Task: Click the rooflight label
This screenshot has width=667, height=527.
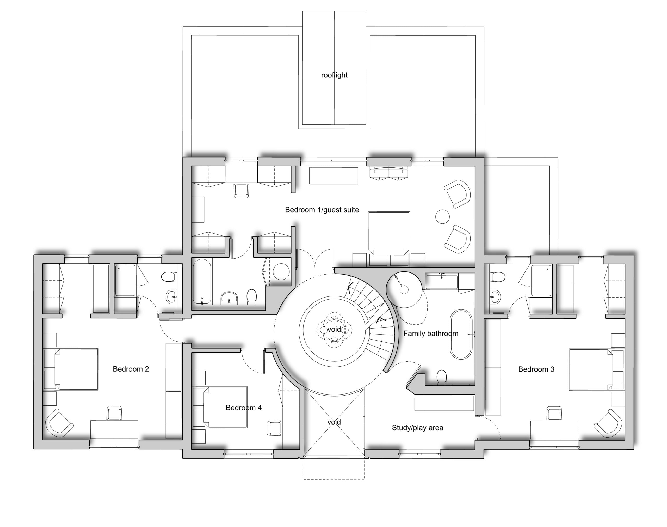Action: click(334, 75)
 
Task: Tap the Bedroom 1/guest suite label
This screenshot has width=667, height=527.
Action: click(322, 210)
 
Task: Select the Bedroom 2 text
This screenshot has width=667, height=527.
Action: click(131, 369)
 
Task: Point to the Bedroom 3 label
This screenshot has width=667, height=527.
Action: click(536, 369)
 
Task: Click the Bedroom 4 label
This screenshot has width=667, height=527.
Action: click(244, 408)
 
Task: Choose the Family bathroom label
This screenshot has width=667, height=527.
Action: click(431, 334)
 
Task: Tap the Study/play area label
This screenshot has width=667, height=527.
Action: click(417, 428)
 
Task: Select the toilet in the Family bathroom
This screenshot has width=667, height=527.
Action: click(442, 377)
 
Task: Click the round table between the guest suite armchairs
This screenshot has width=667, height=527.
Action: click(442, 217)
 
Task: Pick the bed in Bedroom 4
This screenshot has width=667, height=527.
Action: click(225, 407)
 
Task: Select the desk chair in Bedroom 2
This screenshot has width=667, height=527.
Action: click(114, 413)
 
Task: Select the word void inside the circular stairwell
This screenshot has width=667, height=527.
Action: click(334, 330)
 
